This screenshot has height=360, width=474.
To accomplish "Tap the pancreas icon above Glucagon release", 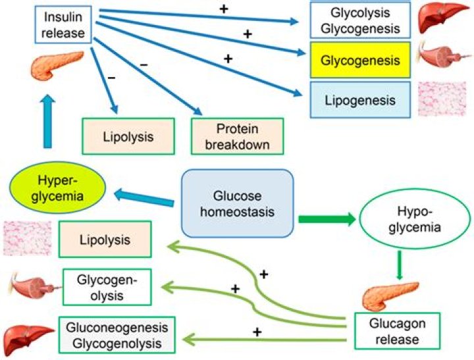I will [391, 294].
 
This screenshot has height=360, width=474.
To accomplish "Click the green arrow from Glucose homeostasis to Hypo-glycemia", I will [327, 219].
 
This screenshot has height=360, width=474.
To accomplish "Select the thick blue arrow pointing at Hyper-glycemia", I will [144, 193].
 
